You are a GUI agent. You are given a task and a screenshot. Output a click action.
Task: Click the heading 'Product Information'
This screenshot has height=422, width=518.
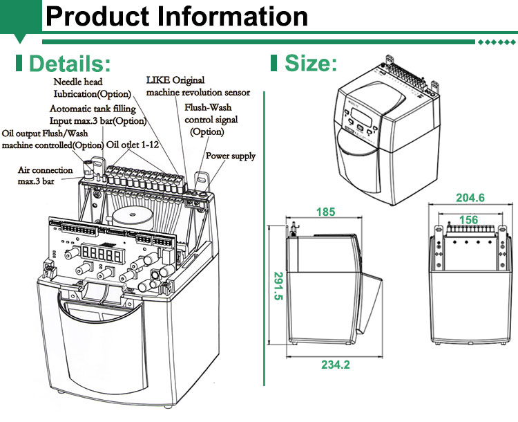tap(177, 17)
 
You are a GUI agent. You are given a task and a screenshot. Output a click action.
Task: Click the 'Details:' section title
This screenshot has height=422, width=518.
tap(69, 64)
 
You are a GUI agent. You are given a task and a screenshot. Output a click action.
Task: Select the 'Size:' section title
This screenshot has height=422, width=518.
tap(311, 64)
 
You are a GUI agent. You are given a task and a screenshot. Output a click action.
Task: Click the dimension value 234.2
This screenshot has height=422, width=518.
tap(337, 365)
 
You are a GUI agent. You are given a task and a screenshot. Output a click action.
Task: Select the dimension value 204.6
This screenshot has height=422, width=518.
tap(470, 198)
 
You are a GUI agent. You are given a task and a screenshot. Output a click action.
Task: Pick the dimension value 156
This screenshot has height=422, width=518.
tap(469, 221)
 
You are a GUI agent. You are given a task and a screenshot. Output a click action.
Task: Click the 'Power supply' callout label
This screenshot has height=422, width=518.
tap(231, 156)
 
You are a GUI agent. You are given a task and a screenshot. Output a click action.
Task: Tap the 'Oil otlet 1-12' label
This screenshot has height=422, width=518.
tap(135, 145)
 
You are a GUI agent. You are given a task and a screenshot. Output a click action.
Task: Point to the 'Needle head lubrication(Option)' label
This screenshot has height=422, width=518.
tap(93, 88)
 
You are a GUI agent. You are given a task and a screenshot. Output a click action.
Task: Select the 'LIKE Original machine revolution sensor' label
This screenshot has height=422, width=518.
tap(198, 86)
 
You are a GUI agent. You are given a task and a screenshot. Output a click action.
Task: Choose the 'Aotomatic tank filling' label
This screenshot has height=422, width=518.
tap(93, 109)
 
